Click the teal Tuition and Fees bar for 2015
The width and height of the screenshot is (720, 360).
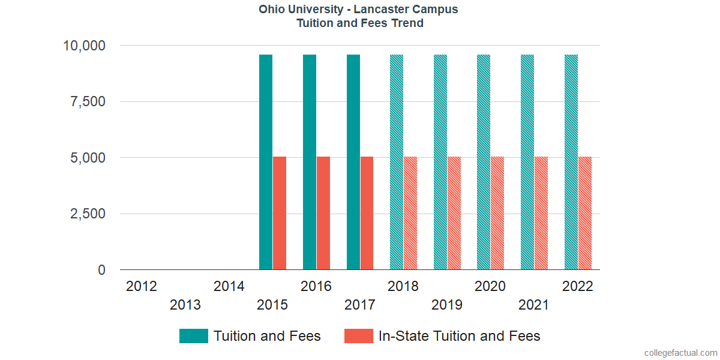[266, 162]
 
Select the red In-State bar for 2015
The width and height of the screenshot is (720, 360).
[280, 213]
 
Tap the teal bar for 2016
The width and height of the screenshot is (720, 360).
[310, 162]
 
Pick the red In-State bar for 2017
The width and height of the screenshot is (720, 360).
[367, 213]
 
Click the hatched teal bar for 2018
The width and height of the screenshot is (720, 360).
[397, 162]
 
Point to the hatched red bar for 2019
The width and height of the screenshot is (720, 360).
[454, 213]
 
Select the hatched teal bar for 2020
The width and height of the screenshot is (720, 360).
[484, 162]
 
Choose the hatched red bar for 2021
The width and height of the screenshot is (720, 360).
[541, 213]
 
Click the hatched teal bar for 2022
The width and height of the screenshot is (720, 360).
[571, 162]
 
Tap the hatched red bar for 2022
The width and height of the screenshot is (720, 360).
[585, 213]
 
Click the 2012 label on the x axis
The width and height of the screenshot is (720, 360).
[142, 286]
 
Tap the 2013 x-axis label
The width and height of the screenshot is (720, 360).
[185, 305]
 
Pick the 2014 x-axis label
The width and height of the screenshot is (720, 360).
[229, 286]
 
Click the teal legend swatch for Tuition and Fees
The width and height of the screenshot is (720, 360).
[193, 336]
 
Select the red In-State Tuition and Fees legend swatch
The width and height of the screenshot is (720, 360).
[359, 336]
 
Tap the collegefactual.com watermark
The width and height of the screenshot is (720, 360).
[680, 353]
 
